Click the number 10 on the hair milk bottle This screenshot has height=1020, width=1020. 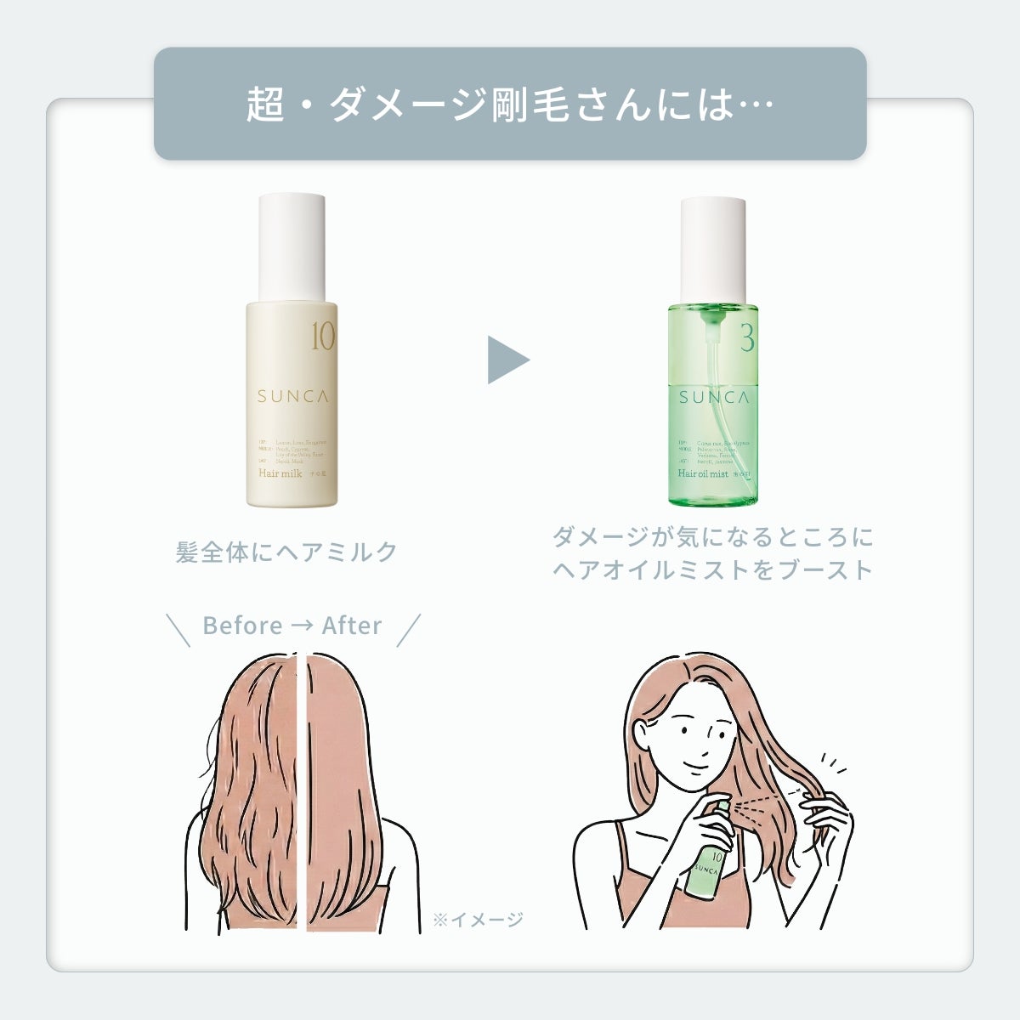(x=323, y=338)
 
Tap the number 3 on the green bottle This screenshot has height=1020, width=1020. (x=747, y=339)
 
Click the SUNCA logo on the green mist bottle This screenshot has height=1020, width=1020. (x=713, y=397)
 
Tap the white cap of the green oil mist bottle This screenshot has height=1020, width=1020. (x=713, y=249)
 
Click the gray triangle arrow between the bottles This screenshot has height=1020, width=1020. (x=507, y=360)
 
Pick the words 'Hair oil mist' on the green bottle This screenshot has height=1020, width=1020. (x=703, y=473)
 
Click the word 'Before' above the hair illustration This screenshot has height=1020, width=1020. (x=242, y=626)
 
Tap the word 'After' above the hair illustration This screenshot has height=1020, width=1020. (x=352, y=626)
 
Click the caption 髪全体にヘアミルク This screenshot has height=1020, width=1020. (x=286, y=552)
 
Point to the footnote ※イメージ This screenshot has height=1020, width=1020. (x=478, y=919)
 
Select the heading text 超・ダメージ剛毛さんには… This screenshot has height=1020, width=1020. (x=509, y=105)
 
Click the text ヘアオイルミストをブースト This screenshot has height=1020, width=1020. (x=712, y=569)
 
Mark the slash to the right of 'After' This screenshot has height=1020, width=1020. (x=409, y=630)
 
